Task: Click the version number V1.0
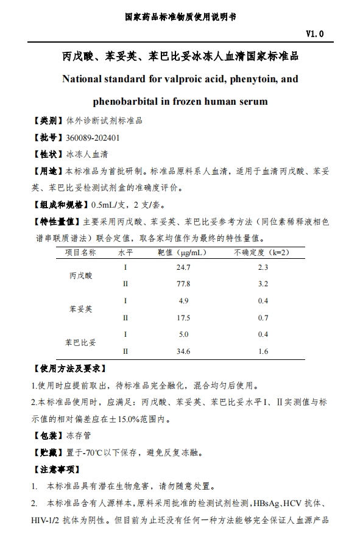(314, 34)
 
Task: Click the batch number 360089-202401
(93, 138)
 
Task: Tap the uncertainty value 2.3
(263, 267)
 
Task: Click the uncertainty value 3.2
(263, 284)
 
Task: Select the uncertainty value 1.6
(263, 351)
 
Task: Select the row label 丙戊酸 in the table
(80, 276)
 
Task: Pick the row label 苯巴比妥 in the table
(80, 343)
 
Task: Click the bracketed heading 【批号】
(47, 138)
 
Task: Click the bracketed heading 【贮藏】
(47, 453)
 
